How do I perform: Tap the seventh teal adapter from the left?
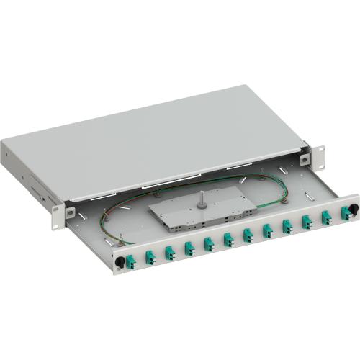[x=248, y=235]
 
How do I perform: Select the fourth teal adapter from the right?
[x=287, y=227]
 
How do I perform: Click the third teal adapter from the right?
[x=306, y=222]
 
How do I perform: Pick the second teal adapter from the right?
[x=325, y=218]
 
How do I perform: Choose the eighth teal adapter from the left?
[x=267, y=230]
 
